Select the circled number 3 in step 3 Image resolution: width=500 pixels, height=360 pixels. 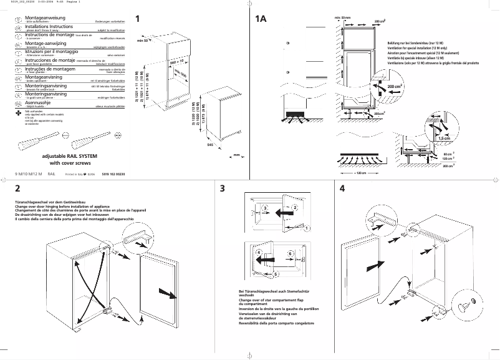(x=264, y=207)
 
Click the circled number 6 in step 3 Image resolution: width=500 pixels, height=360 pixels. (x=291, y=253)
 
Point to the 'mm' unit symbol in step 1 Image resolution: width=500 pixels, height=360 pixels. (x=236, y=155)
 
